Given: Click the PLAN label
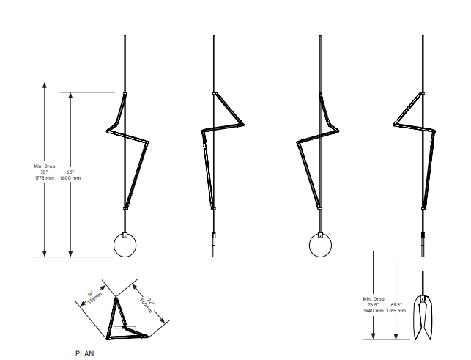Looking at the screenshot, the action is pyautogui.click(x=84, y=353).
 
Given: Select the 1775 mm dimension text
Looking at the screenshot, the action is pyautogui.click(x=45, y=178).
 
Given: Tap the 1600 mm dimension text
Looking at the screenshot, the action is pyautogui.click(x=70, y=178).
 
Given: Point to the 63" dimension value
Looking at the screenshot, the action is pyautogui.click(x=70, y=172).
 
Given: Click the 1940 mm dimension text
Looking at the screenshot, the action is pyautogui.click(x=374, y=311).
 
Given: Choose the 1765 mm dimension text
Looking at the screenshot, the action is pyautogui.click(x=396, y=311).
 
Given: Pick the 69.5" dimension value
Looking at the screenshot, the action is pyautogui.click(x=396, y=305).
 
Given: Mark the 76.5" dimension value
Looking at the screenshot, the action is pyautogui.click(x=374, y=305).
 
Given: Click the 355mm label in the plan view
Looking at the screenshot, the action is pyautogui.click(x=95, y=298).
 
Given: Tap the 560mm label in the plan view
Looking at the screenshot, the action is pyautogui.click(x=146, y=306).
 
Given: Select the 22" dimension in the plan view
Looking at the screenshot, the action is pyautogui.click(x=151, y=301).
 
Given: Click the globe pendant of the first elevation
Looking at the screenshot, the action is pyautogui.click(x=125, y=246).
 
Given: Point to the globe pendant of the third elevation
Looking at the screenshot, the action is pyautogui.click(x=321, y=246).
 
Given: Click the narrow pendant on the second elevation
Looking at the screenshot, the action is pyautogui.click(x=214, y=244).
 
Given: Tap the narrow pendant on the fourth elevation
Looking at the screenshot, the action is pyautogui.click(x=423, y=244).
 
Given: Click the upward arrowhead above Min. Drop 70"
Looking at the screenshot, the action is pyautogui.click(x=45, y=84).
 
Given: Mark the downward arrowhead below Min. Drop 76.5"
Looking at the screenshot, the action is pyautogui.click(x=374, y=336).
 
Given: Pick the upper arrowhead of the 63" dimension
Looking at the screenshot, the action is pyautogui.click(x=70, y=95).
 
